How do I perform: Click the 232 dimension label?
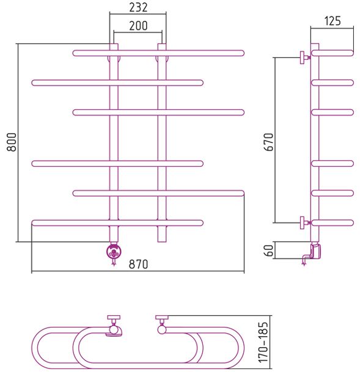[x=138, y=7]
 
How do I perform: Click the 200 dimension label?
[x=138, y=26]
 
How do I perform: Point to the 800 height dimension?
[x=12, y=142]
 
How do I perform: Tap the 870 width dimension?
[x=138, y=264]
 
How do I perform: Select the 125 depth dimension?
[x=332, y=21]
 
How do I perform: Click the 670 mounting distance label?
[x=269, y=142]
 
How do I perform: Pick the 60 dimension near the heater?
[x=269, y=250]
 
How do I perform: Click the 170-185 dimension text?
[x=263, y=342]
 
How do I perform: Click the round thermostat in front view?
[x=114, y=251]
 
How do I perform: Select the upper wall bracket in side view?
[x=304, y=57]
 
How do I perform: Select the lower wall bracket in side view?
[x=304, y=223]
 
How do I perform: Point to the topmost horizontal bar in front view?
[x=158, y=53]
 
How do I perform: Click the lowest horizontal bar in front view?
[x=117, y=223]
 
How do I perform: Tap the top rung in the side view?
[x=332, y=53]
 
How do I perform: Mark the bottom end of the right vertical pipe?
[x=162, y=242]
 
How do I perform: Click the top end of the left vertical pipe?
[x=114, y=44]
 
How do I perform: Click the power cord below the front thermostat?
[x=114, y=262]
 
